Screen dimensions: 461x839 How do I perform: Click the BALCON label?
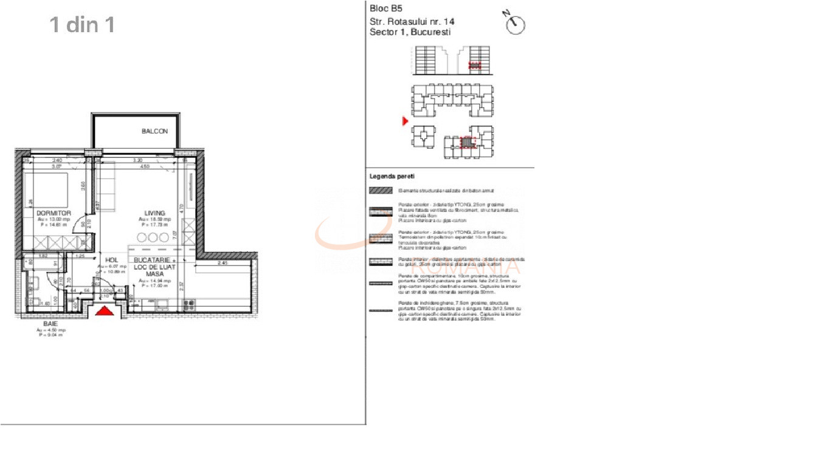[154, 131]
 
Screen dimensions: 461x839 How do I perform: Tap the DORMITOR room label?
[54, 213]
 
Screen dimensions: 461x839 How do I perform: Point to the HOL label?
[111, 260]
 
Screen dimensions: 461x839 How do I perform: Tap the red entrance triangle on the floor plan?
[105, 311]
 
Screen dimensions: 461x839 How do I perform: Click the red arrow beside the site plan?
[406, 122]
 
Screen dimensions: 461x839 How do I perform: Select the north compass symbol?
[515, 24]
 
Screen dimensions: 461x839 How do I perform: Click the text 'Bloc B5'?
[386, 9]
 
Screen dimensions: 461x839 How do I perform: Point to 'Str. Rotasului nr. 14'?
[412, 21]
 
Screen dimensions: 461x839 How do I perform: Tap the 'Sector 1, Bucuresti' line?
[410, 32]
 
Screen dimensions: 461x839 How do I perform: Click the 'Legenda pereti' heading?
[392, 176]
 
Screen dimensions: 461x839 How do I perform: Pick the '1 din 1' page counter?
[82, 25]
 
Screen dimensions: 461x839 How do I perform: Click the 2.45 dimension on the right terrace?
[222, 263]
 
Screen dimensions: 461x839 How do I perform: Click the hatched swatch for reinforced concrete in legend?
[381, 190]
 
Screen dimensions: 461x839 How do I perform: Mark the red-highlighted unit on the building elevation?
[475, 64]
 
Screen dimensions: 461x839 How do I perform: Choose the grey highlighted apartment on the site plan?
[466, 143]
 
